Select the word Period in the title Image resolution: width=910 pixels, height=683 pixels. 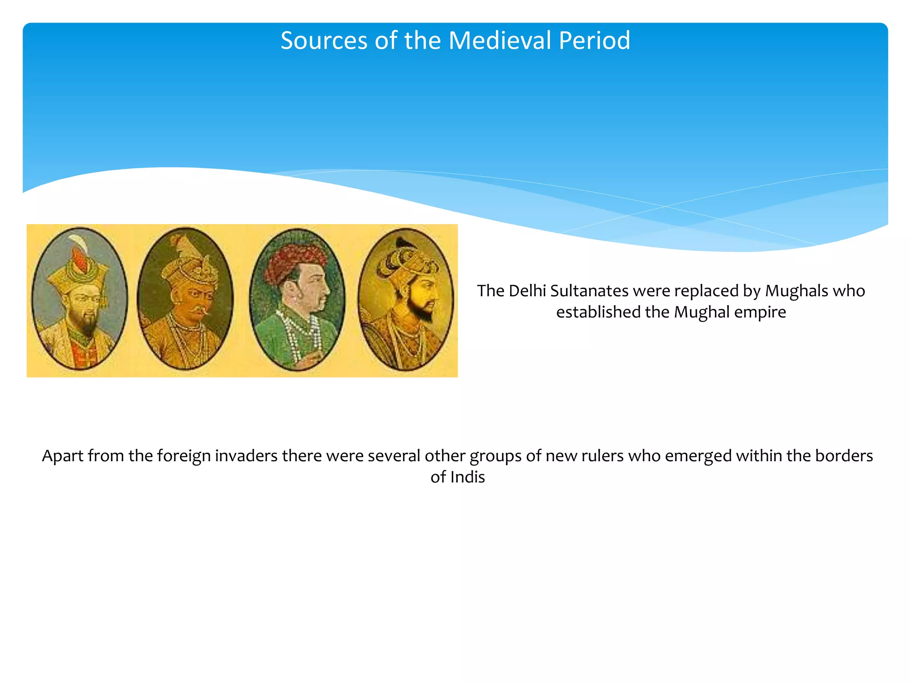tap(594, 40)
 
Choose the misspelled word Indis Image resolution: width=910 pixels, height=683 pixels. tap(467, 478)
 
